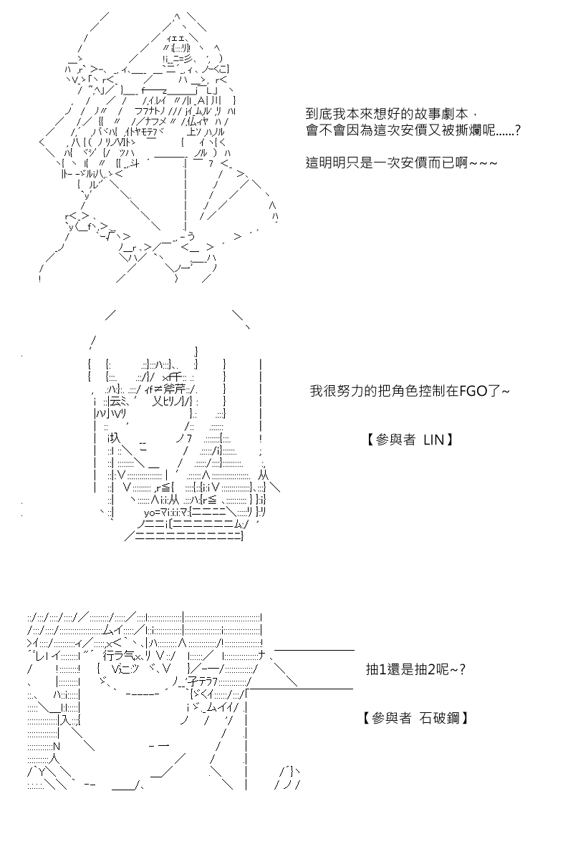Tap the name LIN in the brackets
tap(433, 440)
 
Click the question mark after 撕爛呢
tap(517, 131)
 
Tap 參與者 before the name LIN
tap(395, 440)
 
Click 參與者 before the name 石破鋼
tap(391, 718)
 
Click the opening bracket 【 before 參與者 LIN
tap(370, 440)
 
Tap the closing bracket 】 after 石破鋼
tap(464, 718)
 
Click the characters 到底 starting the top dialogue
tap(319, 114)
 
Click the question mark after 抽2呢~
tap(462, 669)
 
